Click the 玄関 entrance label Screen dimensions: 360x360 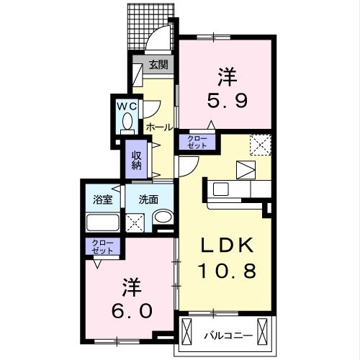pyautogui.click(x=158, y=65)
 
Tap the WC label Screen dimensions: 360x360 pyautogui.click(x=127, y=105)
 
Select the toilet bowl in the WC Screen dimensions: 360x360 pyautogui.click(x=127, y=124)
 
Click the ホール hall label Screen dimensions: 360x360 pyautogui.click(x=158, y=127)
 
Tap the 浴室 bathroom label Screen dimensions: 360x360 pyautogui.click(x=102, y=199)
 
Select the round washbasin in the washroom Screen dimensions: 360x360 pyautogui.click(x=163, y=218)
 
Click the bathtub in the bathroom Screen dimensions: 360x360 pyautogui.click(x=102, y=220)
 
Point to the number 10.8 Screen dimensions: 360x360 pyautogui.click(x=228, y=272)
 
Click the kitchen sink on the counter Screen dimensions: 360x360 pyautogui.click(x=220, y=189)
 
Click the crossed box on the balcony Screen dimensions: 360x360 pyautogui.click(x=188, y=333)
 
